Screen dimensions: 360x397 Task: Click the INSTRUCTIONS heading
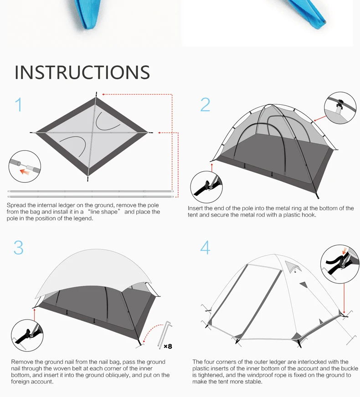coord(82,72)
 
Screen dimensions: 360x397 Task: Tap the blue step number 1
coord(19,104)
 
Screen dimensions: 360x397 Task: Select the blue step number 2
coord(206,104)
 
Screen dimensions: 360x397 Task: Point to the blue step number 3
coord(19,247)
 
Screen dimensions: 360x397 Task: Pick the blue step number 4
coord(205,247)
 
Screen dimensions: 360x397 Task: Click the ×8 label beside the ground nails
coord(168,346)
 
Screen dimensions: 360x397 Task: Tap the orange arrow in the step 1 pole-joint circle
coord(25,172)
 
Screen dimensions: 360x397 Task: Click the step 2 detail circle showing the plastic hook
coord(340,108)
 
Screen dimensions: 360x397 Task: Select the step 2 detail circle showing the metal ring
coord(206,187)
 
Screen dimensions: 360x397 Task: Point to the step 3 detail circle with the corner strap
coord(27,335)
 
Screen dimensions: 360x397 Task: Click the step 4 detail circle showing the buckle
coord(339,264)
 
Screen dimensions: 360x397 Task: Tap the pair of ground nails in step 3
coord(165,335)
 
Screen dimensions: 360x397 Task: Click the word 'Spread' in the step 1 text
coord(16,205)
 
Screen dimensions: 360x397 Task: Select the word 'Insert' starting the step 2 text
coord(195,208)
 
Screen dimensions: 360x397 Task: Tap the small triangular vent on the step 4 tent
coord(293,266)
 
